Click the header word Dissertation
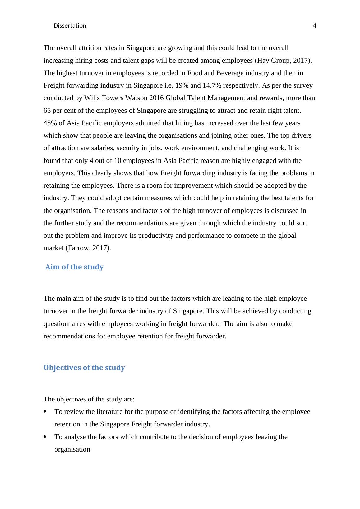point(70,26)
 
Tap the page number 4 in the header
point(315,26)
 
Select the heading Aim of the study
point(74,267)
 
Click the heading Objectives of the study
point(84,368)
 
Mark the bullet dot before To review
point(45,412)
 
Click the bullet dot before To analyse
point(45,437)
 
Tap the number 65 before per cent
point(47,111)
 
